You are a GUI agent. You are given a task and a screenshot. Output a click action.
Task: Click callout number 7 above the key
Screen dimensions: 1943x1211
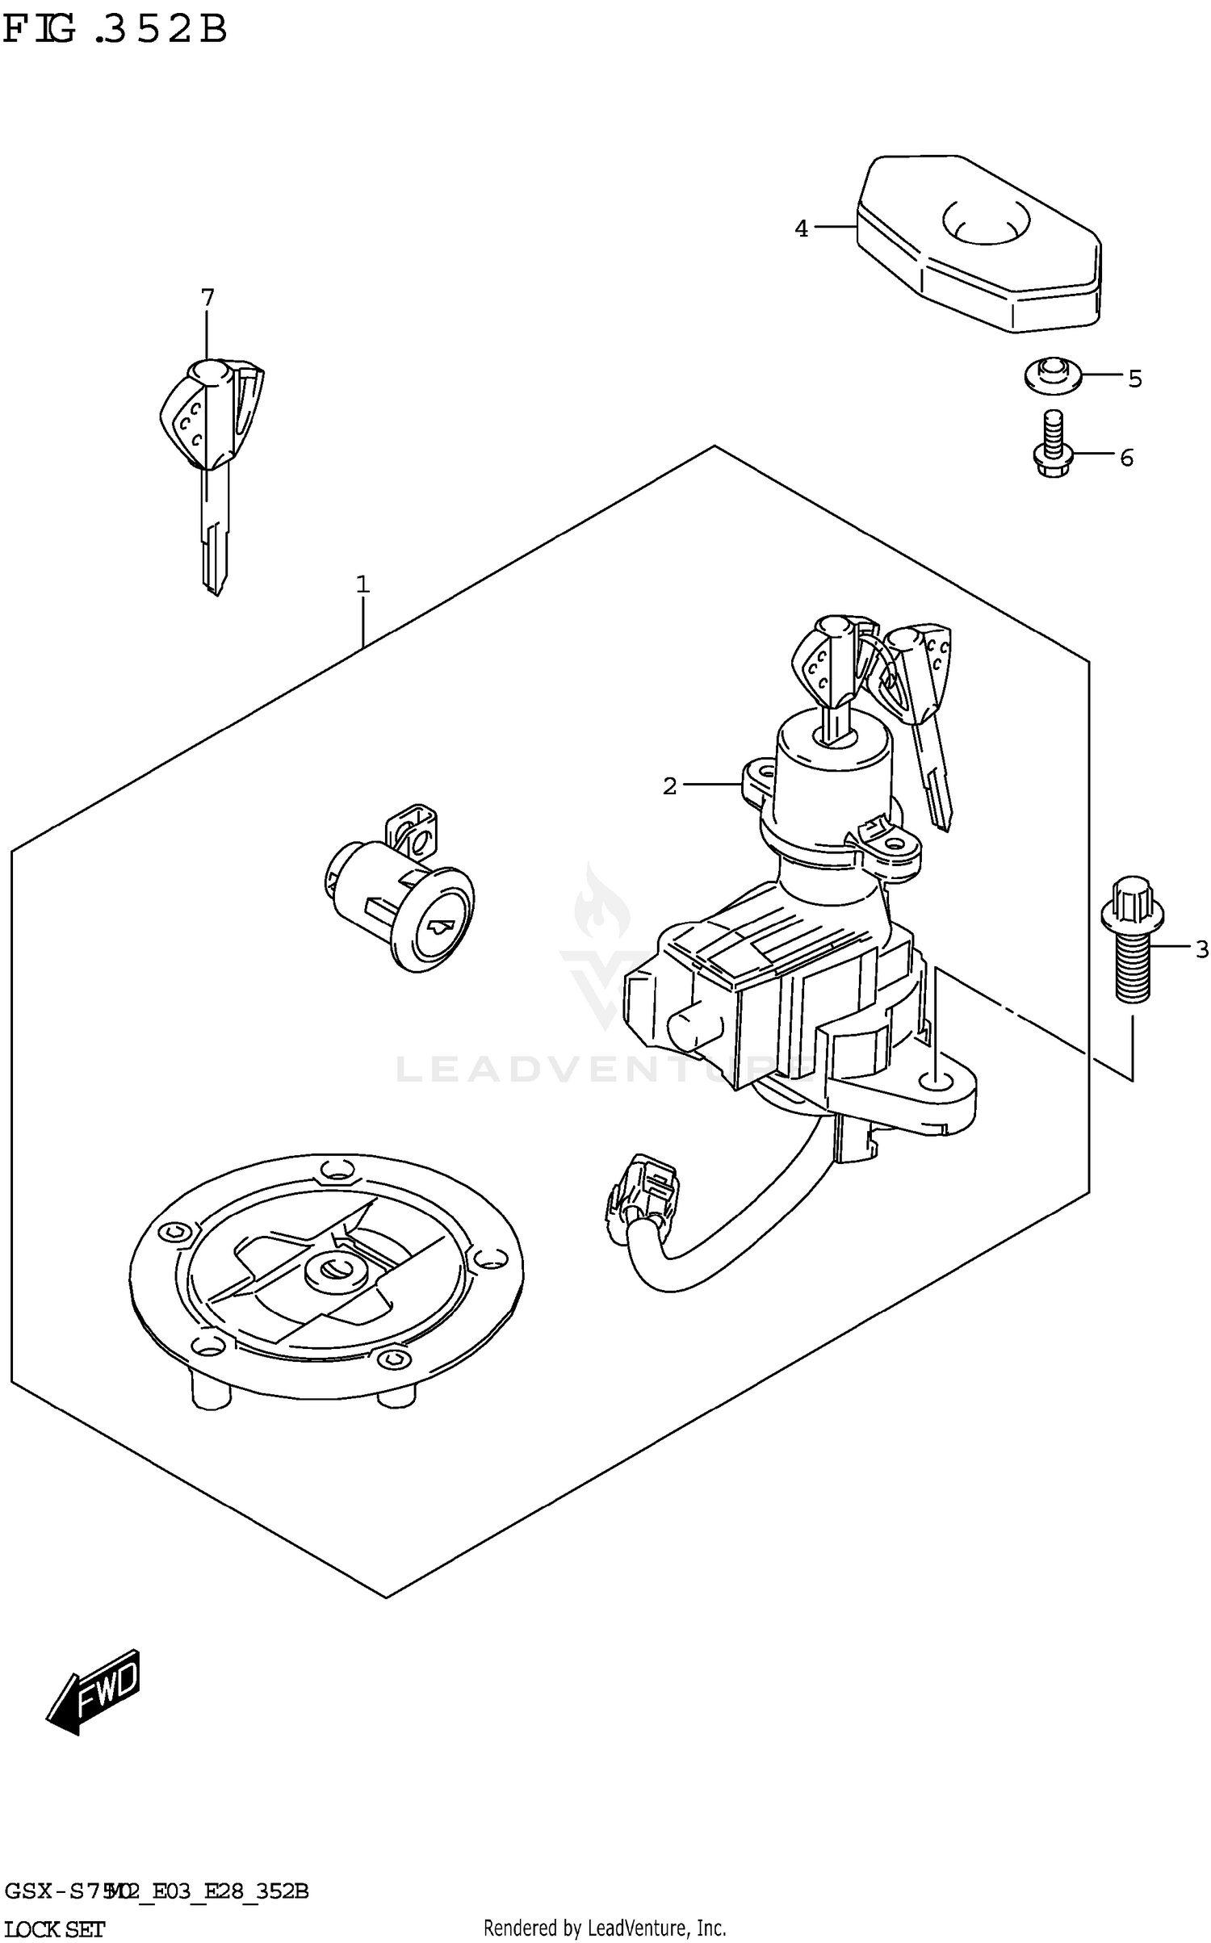[207, 298]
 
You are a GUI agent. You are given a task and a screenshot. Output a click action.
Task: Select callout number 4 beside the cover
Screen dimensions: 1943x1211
[801, 229]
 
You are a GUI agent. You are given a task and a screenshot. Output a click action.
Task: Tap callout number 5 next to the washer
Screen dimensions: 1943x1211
[1135, 379]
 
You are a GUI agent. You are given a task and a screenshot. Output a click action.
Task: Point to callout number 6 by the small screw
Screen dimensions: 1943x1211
[1126, 458]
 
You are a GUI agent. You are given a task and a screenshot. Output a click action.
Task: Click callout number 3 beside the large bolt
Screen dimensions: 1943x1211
[1201, 949]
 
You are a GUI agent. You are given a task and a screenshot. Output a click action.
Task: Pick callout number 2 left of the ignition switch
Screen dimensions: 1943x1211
[669, 785]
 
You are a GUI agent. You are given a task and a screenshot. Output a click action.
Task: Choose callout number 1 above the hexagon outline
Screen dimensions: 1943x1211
[362, 584]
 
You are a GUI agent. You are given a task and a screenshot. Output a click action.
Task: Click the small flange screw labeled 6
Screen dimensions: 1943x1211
[1051, 448]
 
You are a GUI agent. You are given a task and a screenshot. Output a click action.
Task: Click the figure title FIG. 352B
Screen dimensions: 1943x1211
[115, 30]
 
